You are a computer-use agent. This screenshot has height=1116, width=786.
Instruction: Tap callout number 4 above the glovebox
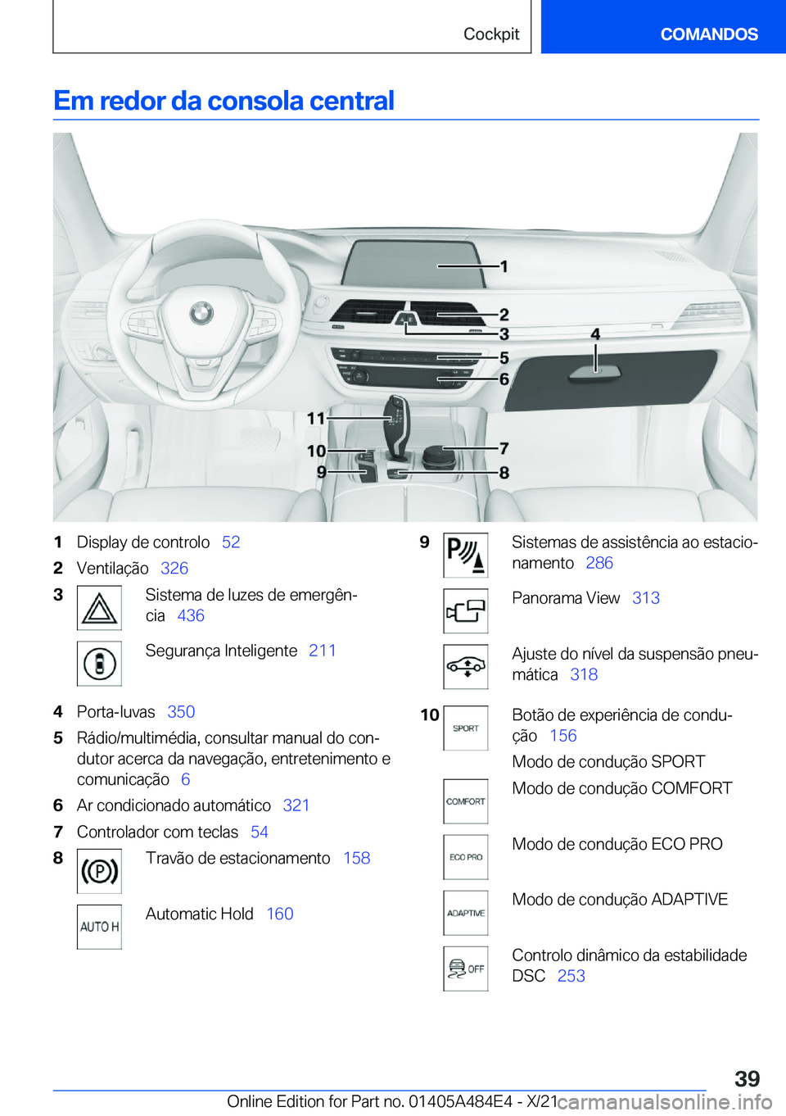coord(595,334)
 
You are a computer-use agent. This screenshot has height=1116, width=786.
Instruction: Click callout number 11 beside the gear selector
coord(316,419)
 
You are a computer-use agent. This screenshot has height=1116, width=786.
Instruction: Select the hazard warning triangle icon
coord(99,608)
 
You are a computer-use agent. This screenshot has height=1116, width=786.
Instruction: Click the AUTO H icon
coord(99,927)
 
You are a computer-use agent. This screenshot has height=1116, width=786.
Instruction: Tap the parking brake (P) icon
coord(99,870)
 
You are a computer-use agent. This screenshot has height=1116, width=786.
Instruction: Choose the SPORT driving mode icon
coord(466,728)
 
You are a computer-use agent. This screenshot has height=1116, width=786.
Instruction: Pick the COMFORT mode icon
coord(466,801)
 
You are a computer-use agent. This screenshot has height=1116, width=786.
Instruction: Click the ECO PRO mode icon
coord(466,857)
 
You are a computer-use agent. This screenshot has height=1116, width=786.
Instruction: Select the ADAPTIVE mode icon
coord(466,913)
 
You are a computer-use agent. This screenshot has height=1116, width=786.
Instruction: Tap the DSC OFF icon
coord(466,969)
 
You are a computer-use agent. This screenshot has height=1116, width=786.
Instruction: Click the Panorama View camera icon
coord(466,610)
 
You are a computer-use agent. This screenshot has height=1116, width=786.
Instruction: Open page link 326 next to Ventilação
coord(174,569)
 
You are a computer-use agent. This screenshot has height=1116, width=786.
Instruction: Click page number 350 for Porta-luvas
coord(181,712)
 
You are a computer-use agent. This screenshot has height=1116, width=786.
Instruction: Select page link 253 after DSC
coord(571,976)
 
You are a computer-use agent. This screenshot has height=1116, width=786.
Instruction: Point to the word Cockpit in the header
coord(491,34)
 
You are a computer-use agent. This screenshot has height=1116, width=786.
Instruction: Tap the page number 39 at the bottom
coord(747,1078)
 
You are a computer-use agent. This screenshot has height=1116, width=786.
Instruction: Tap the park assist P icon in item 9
coord(466,555)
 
